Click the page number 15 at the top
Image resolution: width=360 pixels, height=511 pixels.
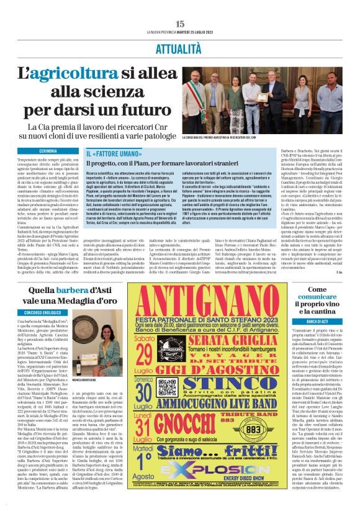point(180,24)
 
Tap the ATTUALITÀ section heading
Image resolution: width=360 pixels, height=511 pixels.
point(180,47)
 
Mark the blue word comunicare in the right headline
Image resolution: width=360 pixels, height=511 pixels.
point(315,298)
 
